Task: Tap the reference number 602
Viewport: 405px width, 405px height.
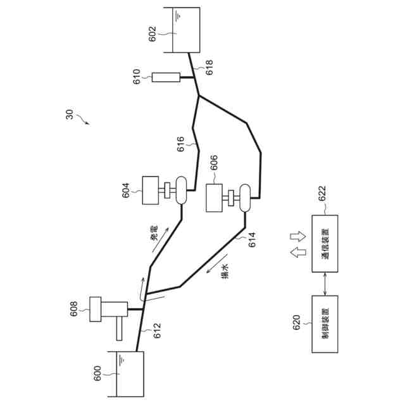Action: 152,33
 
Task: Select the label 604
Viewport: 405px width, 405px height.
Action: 126,189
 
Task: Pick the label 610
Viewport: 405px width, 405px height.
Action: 137,77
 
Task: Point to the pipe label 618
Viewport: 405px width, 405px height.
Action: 209,68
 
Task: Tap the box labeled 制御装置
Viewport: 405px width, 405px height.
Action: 325,324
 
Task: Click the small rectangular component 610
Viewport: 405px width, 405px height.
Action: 166,78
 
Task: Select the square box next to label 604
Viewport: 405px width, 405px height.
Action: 150,190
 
